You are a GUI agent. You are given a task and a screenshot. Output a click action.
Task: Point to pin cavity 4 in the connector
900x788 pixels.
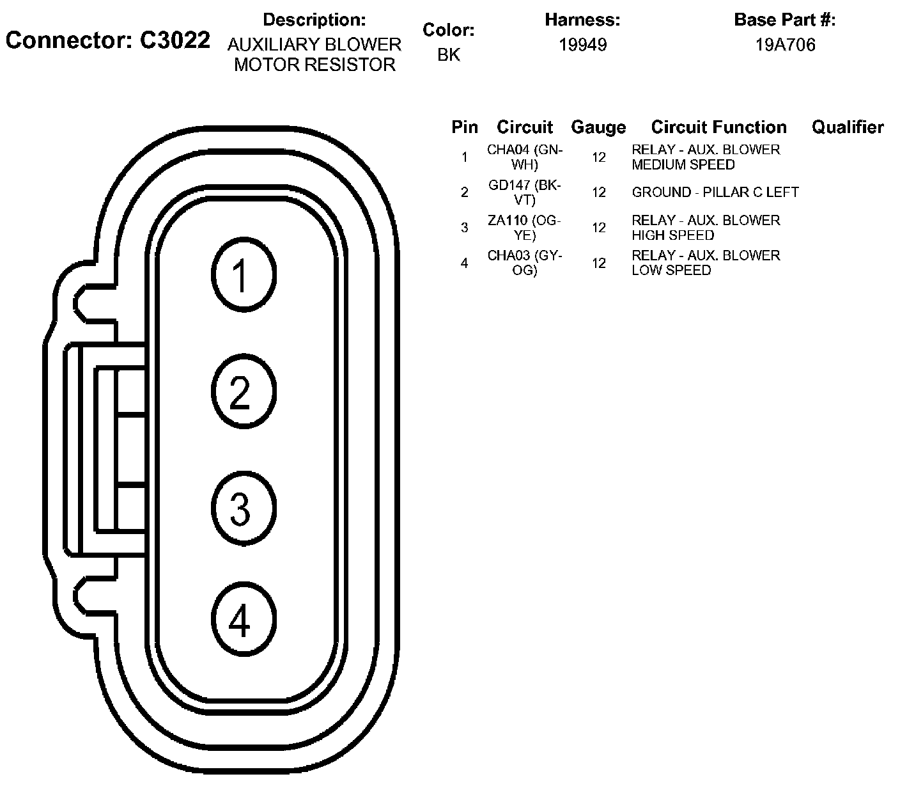243,619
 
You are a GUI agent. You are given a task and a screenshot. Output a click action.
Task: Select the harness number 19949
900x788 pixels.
582,45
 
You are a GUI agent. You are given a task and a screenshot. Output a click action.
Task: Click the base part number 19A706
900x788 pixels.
785,45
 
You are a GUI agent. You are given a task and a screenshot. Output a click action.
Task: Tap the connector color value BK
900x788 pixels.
449,55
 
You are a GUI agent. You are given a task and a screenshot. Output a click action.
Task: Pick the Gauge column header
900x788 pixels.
598,127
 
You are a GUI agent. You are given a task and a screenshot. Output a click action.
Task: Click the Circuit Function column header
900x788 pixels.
718,127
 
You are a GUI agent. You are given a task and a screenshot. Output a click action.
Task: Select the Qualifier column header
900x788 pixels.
848,127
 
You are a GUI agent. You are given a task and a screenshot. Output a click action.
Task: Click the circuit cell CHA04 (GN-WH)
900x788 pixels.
524,157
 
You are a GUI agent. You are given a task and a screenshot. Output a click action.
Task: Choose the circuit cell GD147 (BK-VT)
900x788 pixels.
524,192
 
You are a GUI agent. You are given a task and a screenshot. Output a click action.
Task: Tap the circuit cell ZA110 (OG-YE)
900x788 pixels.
524,227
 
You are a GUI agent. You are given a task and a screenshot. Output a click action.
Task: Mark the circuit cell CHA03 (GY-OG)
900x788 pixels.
524,262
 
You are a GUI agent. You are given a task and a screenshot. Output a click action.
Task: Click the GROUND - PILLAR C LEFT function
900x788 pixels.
715,192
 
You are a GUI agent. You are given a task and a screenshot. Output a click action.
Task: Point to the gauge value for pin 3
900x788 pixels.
598,227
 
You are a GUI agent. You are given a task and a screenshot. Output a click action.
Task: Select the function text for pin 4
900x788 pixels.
706,262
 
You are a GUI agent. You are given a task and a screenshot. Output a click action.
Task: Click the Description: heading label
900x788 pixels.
314,20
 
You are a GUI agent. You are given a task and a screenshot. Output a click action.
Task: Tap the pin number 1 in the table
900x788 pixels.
465,157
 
